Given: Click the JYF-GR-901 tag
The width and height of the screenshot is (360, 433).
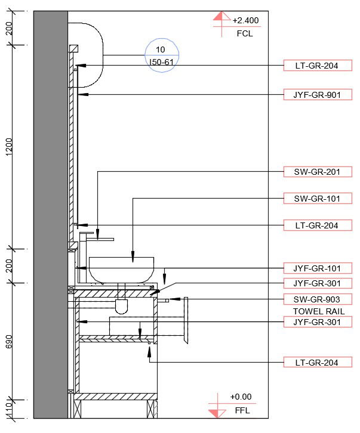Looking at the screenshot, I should pyautogui.click(x=317, y=94).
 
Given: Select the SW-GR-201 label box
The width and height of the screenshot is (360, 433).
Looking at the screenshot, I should pyautogui.click(x=317, y=172).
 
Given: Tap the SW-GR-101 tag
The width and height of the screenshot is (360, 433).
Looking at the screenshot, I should pyautogui.click(x=317, y=198).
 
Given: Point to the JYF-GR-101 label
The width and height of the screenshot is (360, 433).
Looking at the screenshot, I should pyautogui.click(x=317, y=268).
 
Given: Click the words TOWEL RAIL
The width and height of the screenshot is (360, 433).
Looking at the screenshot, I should pyautogui.click(x=318, y=311).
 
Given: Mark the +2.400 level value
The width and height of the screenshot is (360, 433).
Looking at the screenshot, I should pyautogui.click(x=245, y=20).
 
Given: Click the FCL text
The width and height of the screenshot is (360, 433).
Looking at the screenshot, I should pyautogui.click(x=245, y=33).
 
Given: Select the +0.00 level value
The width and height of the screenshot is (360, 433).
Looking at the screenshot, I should pyautogui.click(x=241, y=397).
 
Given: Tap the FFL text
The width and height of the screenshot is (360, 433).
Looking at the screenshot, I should pyautogui.click(x=242, y=410).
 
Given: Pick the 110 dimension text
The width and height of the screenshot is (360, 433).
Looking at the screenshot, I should pyautogui.click(x=10, y=410).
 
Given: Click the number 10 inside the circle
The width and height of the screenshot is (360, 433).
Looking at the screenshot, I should pyautogui.click(x=160, y=50).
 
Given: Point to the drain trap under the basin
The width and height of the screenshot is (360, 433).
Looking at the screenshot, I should pyautogui.click(x=121, y=307).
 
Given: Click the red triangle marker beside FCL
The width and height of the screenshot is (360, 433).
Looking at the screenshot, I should pyautogui.click(x=221, y=17).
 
